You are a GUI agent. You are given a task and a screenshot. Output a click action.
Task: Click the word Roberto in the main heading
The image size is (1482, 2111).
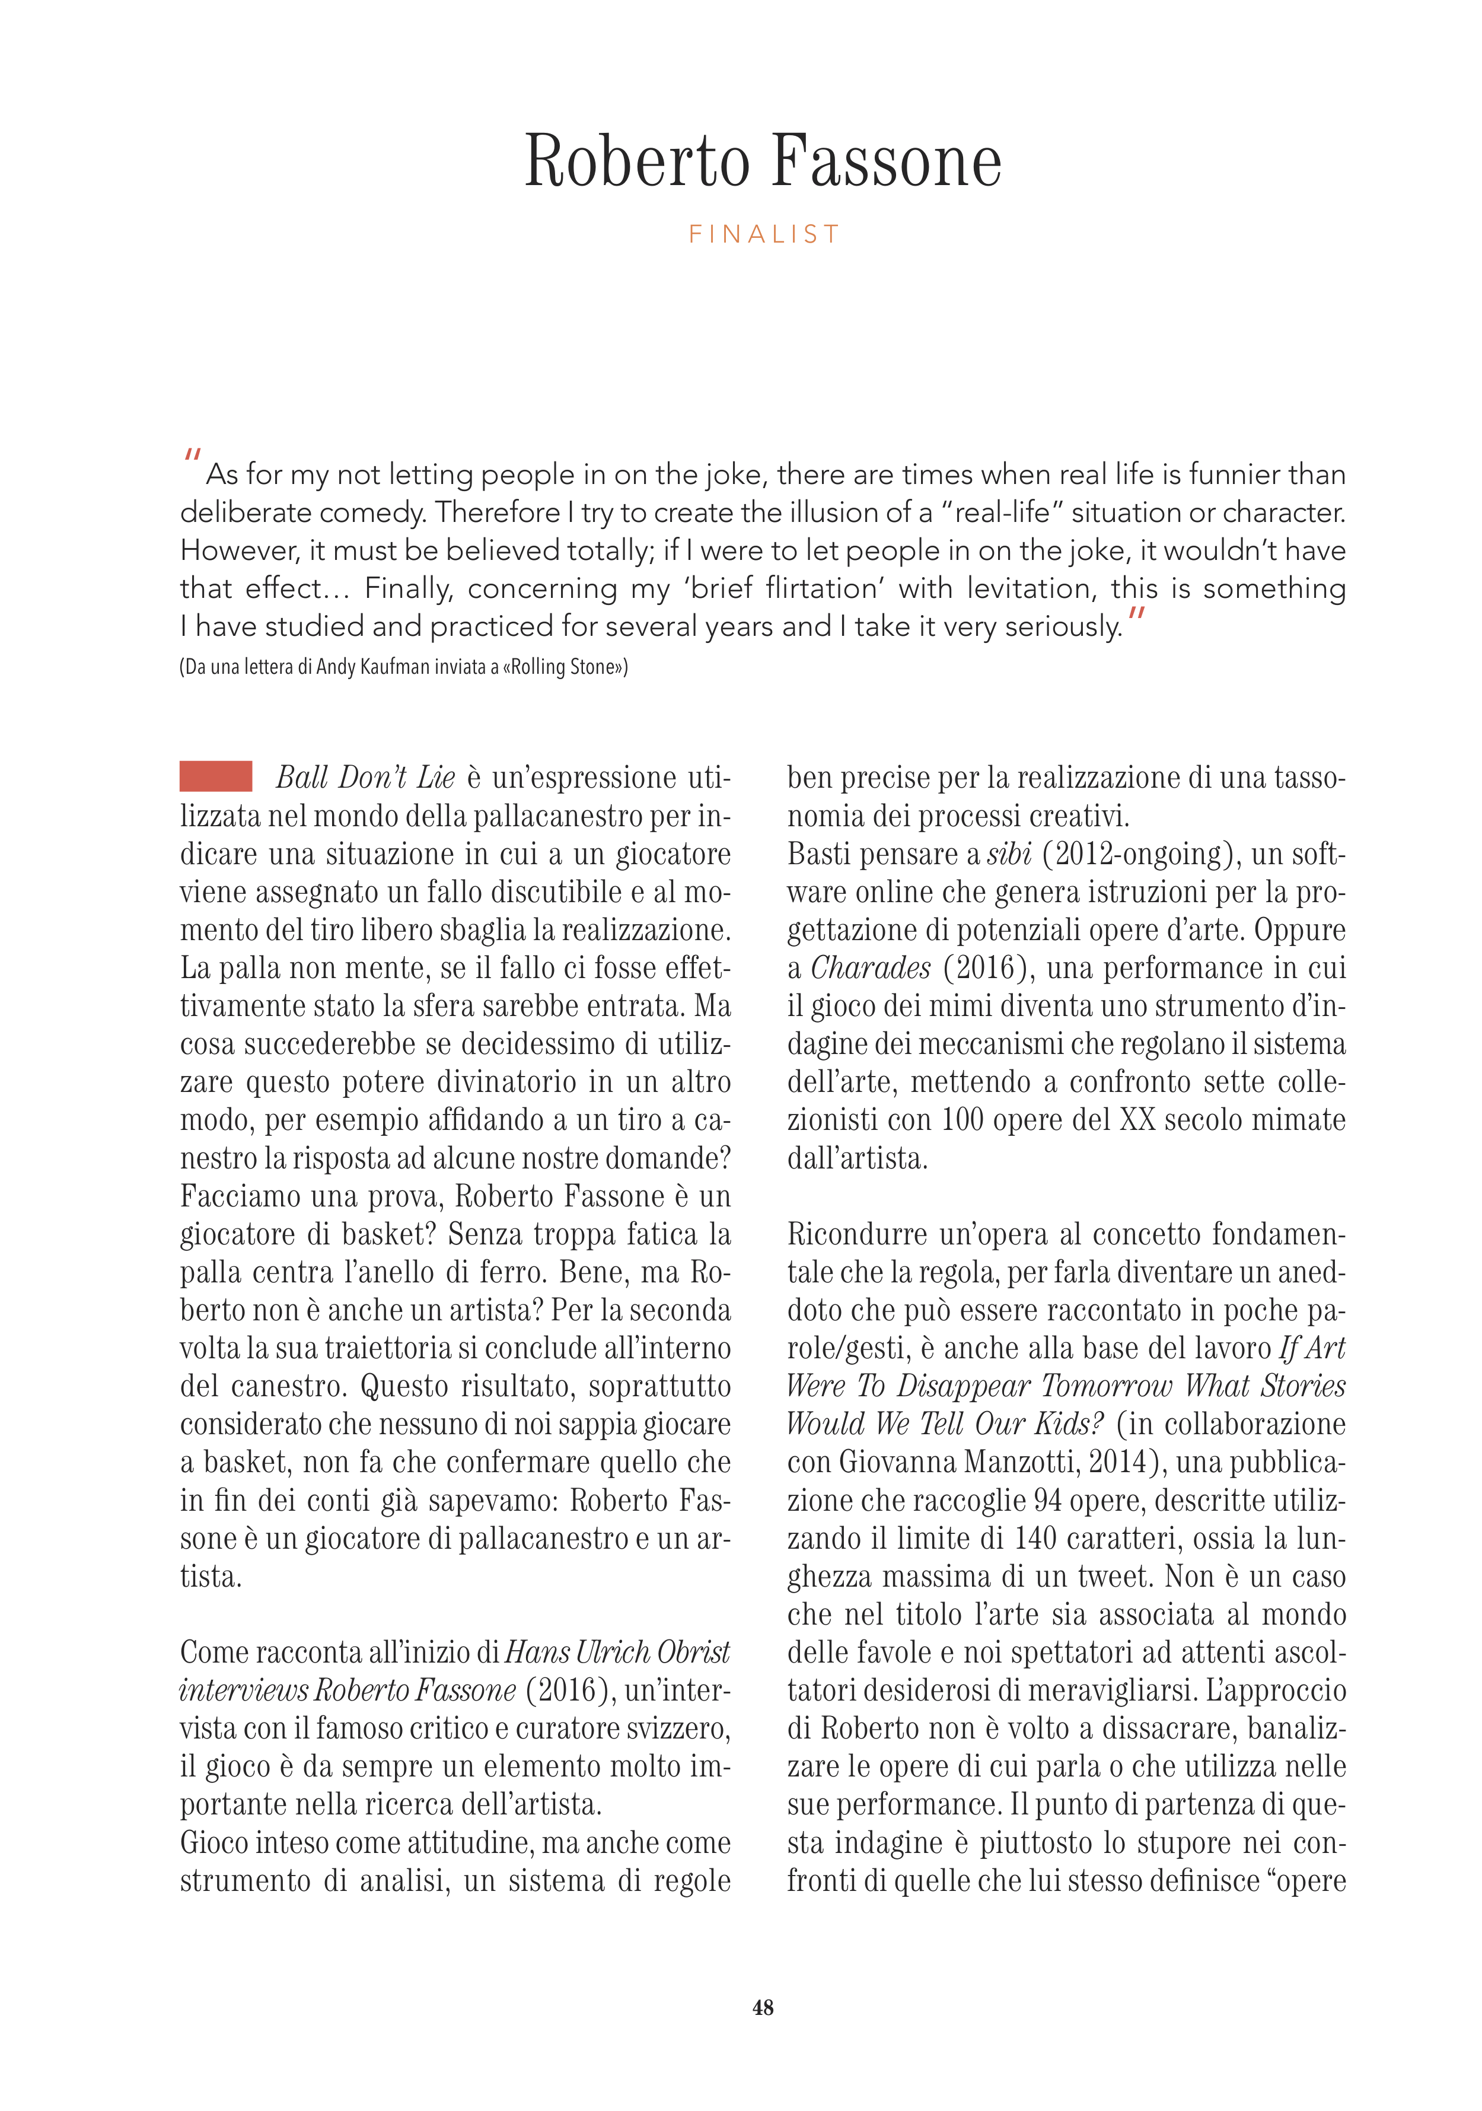636,162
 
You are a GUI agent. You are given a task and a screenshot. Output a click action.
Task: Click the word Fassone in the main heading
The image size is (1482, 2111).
886,162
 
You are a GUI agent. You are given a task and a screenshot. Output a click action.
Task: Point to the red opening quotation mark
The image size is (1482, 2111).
192,455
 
